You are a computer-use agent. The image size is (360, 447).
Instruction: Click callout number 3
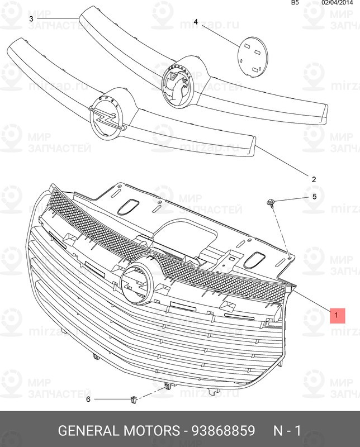click(32, 18)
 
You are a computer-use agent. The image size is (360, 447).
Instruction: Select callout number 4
click(196, 22)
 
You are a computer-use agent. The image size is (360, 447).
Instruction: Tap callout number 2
click(314, 179)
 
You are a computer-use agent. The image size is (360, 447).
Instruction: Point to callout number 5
click(314, 197)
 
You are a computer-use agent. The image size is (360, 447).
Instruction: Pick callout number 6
click(88, 399)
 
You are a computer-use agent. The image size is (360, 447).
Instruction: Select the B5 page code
click(295, 3)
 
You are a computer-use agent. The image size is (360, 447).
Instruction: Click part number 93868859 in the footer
click(224, 431)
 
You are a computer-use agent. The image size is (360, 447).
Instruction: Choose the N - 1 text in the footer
click(287, 431)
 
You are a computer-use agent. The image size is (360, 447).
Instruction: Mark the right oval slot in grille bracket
click(258, 258)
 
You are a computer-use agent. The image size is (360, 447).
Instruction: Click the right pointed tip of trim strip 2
click(255, 146)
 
